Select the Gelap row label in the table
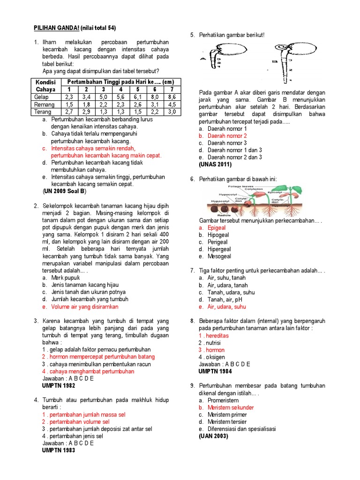coord(42,97)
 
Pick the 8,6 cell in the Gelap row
coord(172,97)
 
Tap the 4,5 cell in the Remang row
coord(172,105)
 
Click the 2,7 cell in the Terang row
coord(70,112)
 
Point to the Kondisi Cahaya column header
coord(45,85)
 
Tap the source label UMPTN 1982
coord(59,385)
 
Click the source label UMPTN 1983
coord(59,450)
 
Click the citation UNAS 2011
coord(215,164)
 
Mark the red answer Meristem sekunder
coord(231,408)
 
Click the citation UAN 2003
coord(214,436)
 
